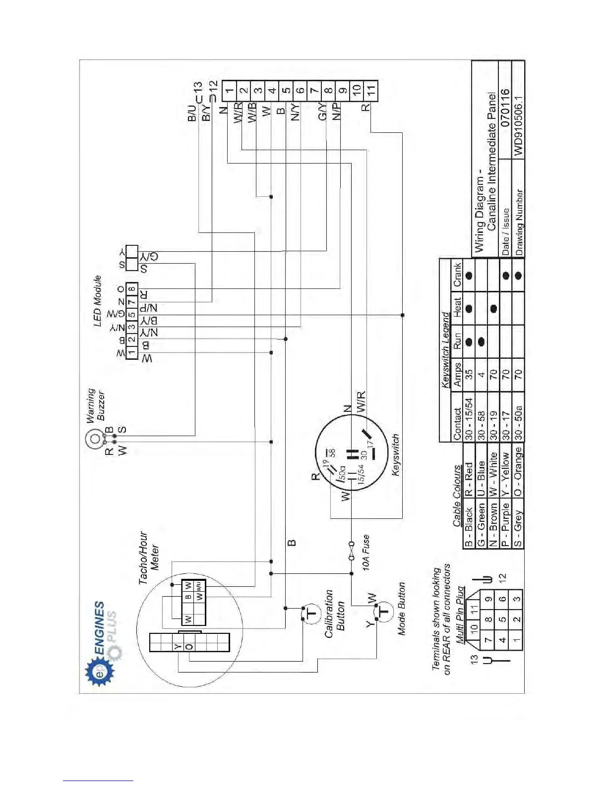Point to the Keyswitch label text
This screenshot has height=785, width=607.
coord(395,455)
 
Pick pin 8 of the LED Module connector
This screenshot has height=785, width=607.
coord(131,289)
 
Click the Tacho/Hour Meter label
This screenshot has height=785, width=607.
coord(149,558)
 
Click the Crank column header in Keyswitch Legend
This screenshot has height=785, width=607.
coord(457,275)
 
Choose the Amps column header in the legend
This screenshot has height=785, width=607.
coord(457,375)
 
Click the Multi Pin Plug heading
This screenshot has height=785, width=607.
coord(461,615)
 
